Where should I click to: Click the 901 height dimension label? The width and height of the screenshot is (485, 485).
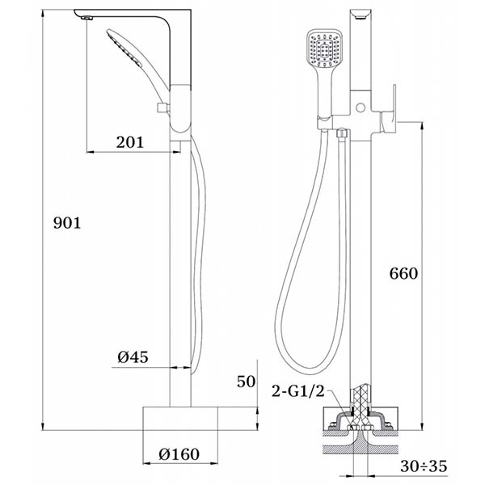[x=67, y=223]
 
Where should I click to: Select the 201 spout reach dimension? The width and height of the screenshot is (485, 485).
[x=130, y=142]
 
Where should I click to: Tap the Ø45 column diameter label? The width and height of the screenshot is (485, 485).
[x=133, y=357]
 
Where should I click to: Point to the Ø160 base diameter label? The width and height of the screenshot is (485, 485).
[x=179, y=454]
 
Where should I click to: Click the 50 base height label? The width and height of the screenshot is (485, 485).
[x=247, y=382]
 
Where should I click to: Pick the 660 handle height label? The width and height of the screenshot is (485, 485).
[x=403, y=273]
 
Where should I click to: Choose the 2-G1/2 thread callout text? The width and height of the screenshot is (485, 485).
[x=298, y=391]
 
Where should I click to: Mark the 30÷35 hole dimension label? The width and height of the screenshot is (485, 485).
[x=424, y=466]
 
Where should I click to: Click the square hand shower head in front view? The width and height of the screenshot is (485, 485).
[x=325, y=48]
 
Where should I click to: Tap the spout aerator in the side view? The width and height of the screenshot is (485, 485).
[x=87, y=18]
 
